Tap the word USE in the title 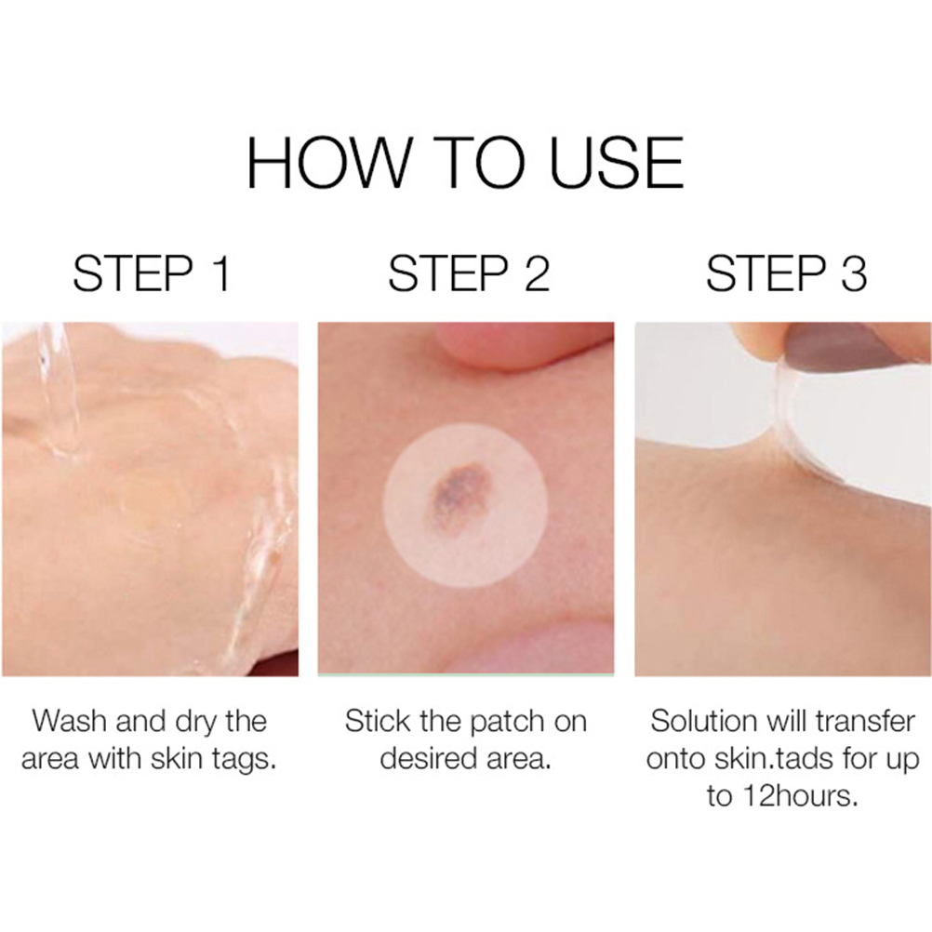[x=617, y=162]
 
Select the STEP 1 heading [x=152, y=273]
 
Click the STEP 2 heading [x=469, y=273]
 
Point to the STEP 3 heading [x=786, y=273]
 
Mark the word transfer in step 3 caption [x=864, y=721]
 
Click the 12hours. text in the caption [x=800, y=796]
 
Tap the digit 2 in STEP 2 [x=538, y=273]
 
